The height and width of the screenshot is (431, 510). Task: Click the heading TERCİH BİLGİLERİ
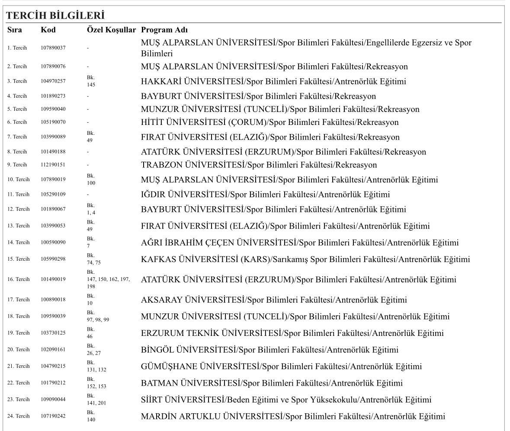(55, 16)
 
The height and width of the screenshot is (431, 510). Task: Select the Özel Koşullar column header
(111, 30)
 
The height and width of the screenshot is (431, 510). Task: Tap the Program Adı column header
(164, 30)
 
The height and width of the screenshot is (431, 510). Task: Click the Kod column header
(48, 30)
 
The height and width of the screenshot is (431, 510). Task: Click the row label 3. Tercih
(17, 81)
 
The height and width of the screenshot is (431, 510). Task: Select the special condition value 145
(91, 85)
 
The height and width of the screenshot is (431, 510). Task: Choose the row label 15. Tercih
(18, 259)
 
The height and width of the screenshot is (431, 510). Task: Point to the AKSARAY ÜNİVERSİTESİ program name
(274, 300)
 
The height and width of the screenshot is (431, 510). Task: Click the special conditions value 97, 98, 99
(98, 319)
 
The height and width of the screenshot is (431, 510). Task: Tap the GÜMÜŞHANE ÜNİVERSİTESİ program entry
(281, 367)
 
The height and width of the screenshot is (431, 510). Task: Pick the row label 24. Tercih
(18, 416)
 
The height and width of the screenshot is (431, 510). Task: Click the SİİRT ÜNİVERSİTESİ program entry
(286, 400)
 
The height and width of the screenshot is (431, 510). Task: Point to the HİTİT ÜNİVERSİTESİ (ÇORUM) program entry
(270, 122)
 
